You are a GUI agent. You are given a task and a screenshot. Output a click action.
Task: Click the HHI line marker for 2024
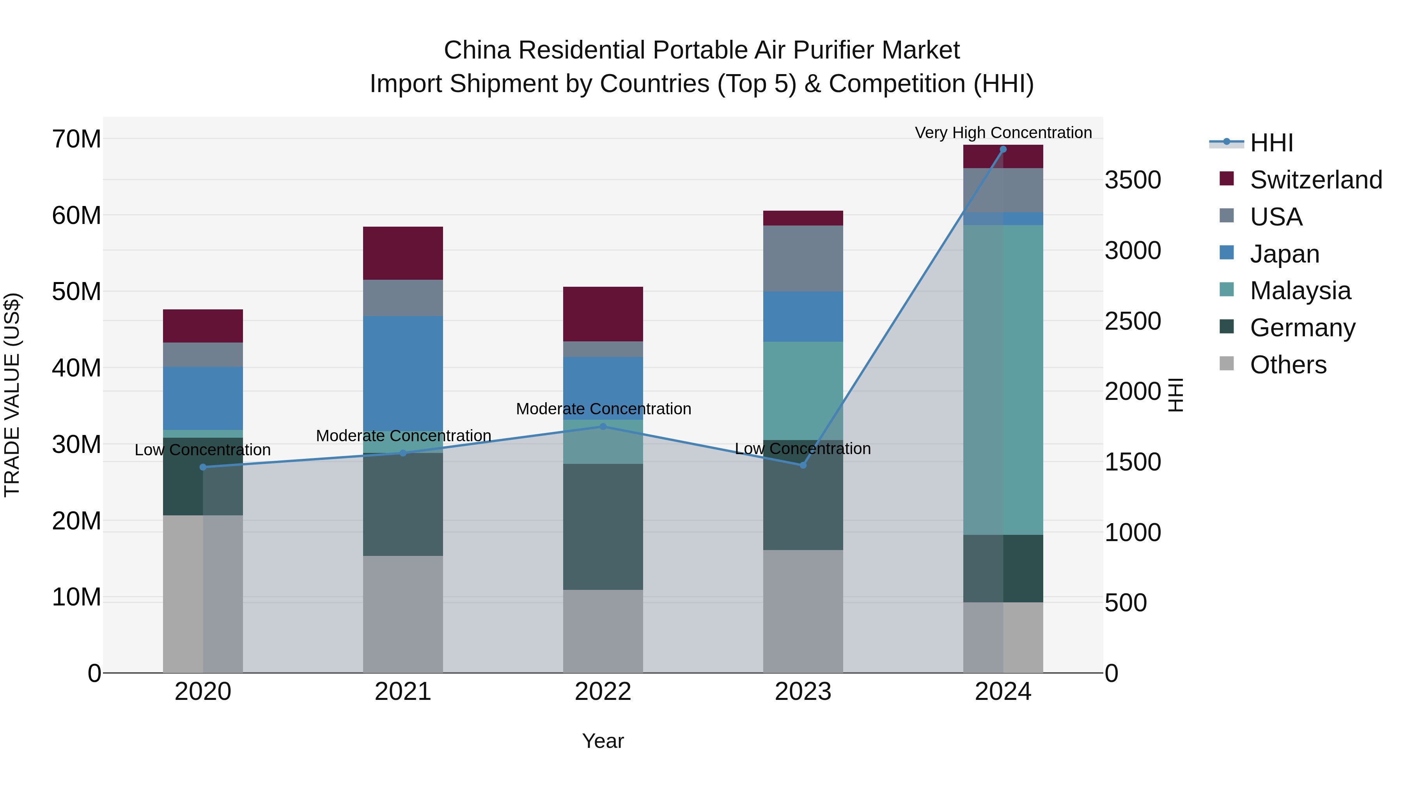pos(1003,149)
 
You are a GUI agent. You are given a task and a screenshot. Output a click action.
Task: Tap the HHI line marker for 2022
pos(603,426)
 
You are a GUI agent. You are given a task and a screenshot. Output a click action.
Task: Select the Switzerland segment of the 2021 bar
pos(403,253)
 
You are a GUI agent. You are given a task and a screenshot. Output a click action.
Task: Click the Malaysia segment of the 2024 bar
pos(1003,380)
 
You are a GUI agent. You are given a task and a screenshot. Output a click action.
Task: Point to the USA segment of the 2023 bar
pos(803,258)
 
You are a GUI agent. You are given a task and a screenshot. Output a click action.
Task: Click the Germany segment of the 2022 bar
pos(603,527)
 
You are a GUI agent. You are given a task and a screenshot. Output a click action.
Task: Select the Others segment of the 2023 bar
pos(803,611)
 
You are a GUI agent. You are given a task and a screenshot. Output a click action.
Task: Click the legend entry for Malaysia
pos(1300,291)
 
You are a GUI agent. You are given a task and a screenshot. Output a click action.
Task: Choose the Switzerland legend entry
pos(1315,180)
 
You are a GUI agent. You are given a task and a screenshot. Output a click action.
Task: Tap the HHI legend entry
pos(1271,143)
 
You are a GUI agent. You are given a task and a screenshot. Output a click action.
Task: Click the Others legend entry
pos(1288,365)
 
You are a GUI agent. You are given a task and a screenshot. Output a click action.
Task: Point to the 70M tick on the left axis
pos(76,139)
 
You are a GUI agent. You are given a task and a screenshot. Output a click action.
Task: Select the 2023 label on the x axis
pos(803,692)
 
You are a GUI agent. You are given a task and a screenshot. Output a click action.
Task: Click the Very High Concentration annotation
pos(1003,133)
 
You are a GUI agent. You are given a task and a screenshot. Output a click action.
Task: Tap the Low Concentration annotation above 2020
pos(203,450)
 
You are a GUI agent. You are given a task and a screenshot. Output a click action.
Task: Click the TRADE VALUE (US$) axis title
pos(12,395)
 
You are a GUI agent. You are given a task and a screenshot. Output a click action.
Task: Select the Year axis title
pos(603,741)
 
